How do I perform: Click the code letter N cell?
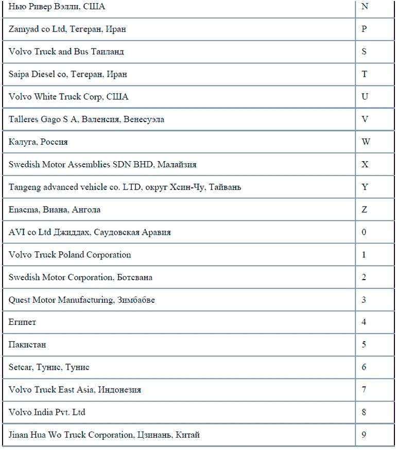[x=365, y=7]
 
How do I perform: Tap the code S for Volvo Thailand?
[x=365, y=51]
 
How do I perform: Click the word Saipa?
[x=19, y=74]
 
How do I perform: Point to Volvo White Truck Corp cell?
[x=68, y=97]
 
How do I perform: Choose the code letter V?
[x=365, y=119]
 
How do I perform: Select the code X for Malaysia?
[x=365, y=164]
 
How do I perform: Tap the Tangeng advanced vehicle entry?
[x=125, y=187]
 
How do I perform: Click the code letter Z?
[x=365, y=210]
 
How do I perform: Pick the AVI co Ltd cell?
[x=90, y=232]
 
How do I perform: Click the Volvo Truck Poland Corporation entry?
[x=70, y=255]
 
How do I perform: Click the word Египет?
[x=22, y=322]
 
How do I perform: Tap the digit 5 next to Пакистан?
[x=364, y=344]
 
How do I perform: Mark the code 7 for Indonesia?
[x=364, y=390]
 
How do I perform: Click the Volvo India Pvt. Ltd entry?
[x=47, y=412]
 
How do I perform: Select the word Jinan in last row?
[x=18, y=435]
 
